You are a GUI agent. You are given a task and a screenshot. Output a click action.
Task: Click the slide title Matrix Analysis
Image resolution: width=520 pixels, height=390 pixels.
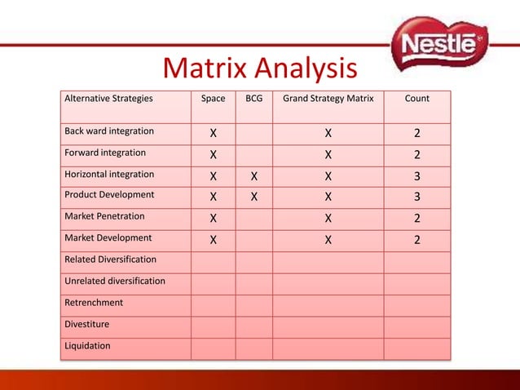tap(260, 69)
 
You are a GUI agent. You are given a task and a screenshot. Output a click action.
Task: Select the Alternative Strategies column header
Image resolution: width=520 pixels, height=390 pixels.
tap(108, 99)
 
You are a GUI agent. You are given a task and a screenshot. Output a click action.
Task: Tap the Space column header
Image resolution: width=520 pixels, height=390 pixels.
tap(213, 99)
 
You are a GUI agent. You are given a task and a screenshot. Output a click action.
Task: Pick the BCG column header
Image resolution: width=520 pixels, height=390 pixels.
tap(254, 99)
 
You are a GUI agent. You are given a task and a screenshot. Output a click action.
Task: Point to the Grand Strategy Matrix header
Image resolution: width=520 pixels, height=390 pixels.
tap(328, 99)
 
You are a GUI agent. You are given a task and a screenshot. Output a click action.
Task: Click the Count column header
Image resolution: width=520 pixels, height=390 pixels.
tap(416, 99)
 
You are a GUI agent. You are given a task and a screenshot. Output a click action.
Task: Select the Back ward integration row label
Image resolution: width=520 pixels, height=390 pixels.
tap(109, 131)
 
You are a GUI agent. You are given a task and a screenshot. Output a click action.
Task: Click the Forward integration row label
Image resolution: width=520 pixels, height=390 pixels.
tap(106, 153)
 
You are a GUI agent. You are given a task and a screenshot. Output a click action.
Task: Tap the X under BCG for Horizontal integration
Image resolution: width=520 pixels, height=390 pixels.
tap(254, 175)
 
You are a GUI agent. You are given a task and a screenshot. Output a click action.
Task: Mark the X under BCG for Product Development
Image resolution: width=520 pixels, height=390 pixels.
tap(254, 197)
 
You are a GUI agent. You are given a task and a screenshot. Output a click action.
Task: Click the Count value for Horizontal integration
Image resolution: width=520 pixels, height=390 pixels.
tap(416, 175)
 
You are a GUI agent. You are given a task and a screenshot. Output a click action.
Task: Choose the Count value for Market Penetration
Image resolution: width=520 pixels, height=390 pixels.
tap(416, 218)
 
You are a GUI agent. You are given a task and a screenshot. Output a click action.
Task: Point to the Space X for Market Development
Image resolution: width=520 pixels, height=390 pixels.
tap(213, 239)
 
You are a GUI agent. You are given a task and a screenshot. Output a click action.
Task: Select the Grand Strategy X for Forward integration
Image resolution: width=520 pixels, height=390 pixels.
tap(328, 154)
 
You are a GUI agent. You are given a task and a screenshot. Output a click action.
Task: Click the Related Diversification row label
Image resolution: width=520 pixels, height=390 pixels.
tap(111, 259)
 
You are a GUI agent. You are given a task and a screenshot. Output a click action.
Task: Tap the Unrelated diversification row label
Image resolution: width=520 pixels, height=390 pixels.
tap(115, 281)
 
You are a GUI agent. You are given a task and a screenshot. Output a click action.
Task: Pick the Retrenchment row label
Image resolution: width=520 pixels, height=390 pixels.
tap(95, 302)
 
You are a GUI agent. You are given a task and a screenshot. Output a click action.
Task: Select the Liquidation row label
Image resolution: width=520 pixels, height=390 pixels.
tap(88, 345)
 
